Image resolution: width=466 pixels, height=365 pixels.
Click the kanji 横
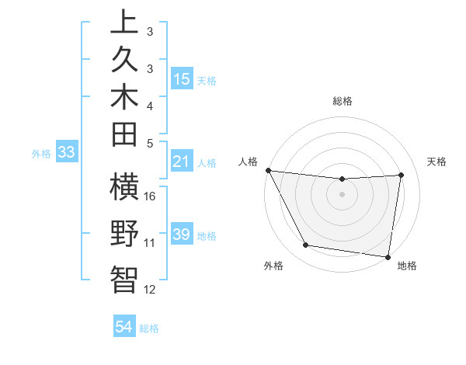click(124, 189)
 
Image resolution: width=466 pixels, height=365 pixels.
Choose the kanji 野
click(124, 234)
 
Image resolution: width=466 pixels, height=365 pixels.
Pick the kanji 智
click(124, 279)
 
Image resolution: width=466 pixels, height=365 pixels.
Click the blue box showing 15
click(182, 78)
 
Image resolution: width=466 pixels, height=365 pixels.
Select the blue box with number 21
click(182, 162)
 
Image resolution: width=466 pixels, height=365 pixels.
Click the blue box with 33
click(67, 153)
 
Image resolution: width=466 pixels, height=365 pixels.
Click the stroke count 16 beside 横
click(151, 196)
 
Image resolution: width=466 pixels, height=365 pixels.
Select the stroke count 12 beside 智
click(151, 290)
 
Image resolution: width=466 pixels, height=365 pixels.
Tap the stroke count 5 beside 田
click(150, 143)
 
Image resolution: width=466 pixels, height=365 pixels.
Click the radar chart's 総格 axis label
click(342, 101)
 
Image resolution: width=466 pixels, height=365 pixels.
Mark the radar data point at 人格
click(268, 170)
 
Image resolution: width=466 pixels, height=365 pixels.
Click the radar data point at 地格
click(388, 256)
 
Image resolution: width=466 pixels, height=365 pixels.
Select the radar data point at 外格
click(305, 245)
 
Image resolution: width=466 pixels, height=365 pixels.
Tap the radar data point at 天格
click(401, 175)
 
